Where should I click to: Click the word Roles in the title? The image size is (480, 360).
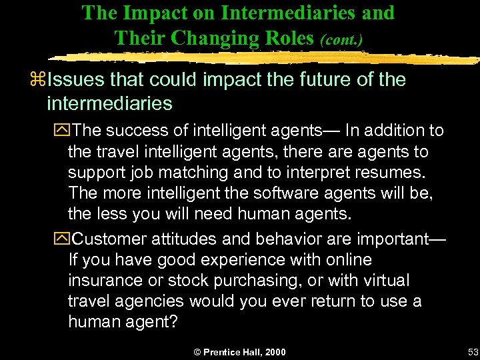coord(288,38)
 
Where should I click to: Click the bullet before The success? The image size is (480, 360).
coord(62,131)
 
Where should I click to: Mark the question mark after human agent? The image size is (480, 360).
coord(173,322)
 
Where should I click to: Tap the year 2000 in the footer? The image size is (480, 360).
coord(275,352)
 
